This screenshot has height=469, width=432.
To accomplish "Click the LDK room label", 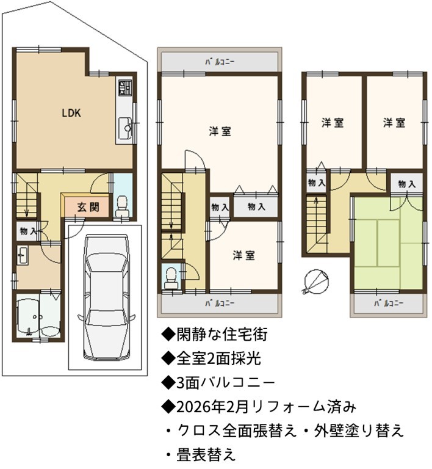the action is (71, 113).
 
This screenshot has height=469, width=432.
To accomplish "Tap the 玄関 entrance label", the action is (88, 207).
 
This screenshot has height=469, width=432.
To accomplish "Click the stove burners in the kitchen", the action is (124, 88).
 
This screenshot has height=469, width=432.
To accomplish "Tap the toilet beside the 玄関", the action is (123, 206).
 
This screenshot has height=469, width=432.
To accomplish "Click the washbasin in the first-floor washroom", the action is (23, 255).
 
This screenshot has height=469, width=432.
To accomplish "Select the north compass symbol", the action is (316, 280).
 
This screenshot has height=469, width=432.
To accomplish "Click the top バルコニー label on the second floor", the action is (220, 62).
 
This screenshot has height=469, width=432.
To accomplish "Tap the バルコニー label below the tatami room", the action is (389, 304).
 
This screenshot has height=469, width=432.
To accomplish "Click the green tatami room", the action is (389, 243).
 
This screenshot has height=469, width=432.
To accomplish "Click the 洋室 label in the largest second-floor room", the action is (220, 132).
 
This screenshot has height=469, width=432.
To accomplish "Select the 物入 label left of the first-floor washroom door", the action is (29, 231).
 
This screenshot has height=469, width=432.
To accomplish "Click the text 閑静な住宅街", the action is (222, 335).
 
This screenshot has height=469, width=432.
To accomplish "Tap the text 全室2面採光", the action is (218, 358).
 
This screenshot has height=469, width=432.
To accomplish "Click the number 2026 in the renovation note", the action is (193, 407).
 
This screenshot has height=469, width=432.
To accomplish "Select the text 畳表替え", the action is (206, 454).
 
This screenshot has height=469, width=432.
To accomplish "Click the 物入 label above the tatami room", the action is (406, 184).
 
